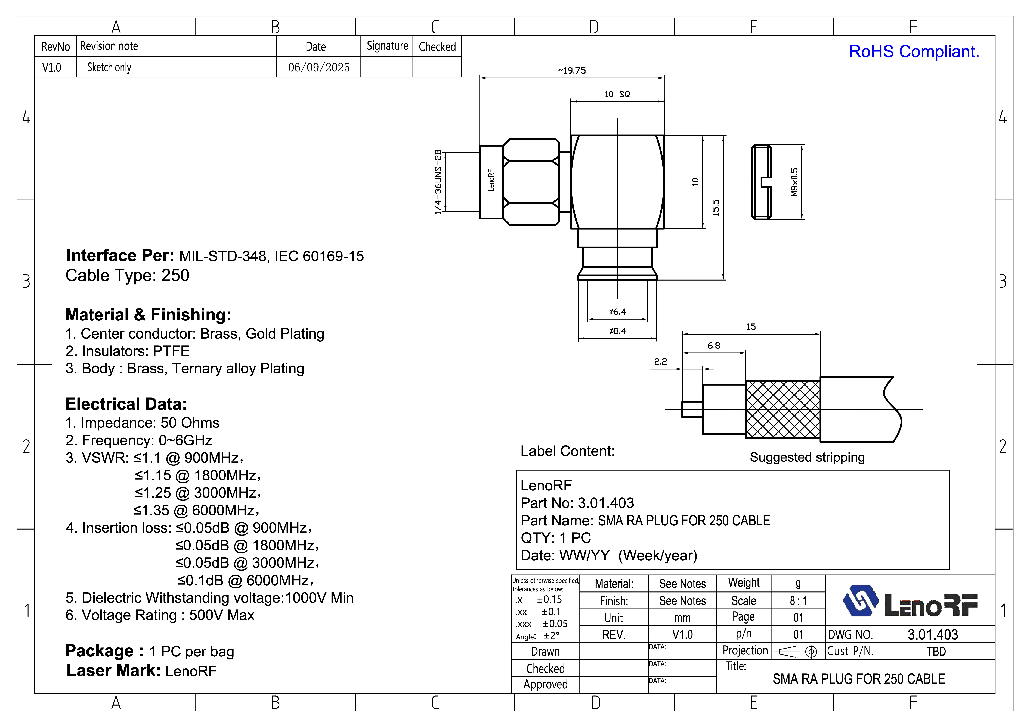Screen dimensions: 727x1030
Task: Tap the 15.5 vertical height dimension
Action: click(x=716, y=207)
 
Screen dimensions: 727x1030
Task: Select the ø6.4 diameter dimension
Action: click(x=617, y=311)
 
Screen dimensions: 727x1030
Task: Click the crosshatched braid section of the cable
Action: click(x=783, y=409)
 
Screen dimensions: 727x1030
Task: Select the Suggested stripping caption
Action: click(x=807, y=457)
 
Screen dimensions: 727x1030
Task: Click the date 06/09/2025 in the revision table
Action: click(x=318, y=67)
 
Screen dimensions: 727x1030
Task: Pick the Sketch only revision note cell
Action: click(x=109, y=67)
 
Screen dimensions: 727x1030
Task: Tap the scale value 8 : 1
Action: click(x=798, y=601)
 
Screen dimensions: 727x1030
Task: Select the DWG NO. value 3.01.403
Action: click(x=933, y=635)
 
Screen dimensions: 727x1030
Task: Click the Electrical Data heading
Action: click(x=126, y=404)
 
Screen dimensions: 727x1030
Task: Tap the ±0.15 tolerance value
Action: click(x=549, y=599)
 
